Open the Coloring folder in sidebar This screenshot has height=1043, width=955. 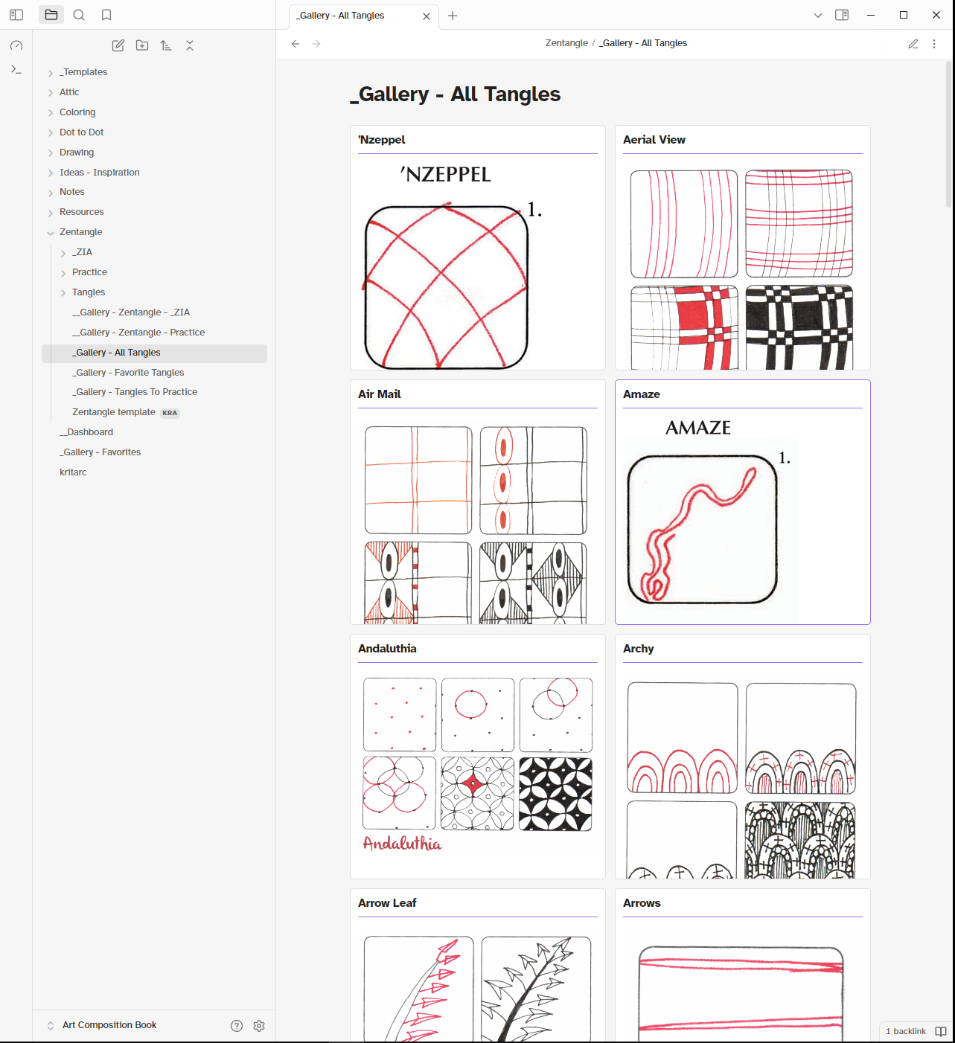[77, 112]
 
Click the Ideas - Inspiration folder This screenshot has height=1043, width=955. [99, 173]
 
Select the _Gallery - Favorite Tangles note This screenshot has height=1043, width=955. [128, 373]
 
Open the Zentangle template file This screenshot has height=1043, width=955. [114, 412]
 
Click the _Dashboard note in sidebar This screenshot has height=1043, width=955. [86, 432]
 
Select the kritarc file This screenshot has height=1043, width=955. [73, 472]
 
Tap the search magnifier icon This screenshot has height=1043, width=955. [79, 15]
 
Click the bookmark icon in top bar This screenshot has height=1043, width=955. [106, 15]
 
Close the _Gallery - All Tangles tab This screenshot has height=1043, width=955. [427, 16]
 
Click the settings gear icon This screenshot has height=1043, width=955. [259, 1026]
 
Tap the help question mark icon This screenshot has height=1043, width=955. [237, 1026]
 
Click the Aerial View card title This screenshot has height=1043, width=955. [654, 140]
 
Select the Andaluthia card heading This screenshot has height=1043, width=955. [387, 649]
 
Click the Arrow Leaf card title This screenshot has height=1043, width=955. [387, 903]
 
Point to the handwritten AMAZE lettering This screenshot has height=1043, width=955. [698, 428]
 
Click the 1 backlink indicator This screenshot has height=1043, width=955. [906, 1031]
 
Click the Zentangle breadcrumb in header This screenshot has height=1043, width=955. [566, 43]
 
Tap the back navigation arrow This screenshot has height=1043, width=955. [296, 44]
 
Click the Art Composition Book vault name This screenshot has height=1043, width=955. [109, 1025]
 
